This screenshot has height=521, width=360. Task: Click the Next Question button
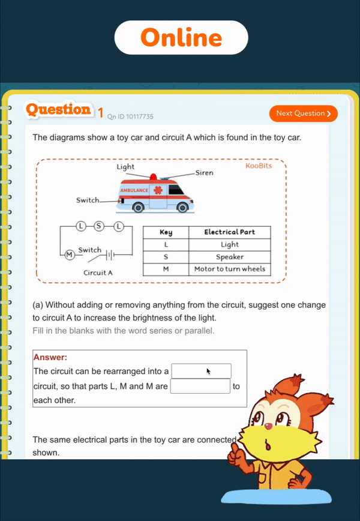(x=304, y=113)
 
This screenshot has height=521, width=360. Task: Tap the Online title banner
(x=181, y=38)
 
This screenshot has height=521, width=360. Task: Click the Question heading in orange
(x=58, y=110)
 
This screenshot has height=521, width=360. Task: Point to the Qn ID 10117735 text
(x=130, y=116)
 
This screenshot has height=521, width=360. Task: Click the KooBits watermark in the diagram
(x=259, y=166)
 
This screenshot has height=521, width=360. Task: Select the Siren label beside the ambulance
(x=204, y=172)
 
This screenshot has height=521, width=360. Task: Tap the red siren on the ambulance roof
(x=154, y=177)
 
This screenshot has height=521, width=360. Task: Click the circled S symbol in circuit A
(x=100, y=226)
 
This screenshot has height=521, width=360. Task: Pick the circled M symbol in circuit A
(x=69, y=254)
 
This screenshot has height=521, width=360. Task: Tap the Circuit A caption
(x=98, y=273)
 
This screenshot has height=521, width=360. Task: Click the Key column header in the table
(x=166, y=232)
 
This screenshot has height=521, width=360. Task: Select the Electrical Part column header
(x=229, y=232)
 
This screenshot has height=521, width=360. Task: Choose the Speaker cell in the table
(x=229, y=257)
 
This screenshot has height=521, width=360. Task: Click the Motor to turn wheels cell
(x=229, y=269)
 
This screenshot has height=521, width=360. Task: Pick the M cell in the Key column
(x=166, y=269)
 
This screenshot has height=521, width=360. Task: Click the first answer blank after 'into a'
(x=201, y=371)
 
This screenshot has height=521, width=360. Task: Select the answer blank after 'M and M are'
(x=200, y=386)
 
